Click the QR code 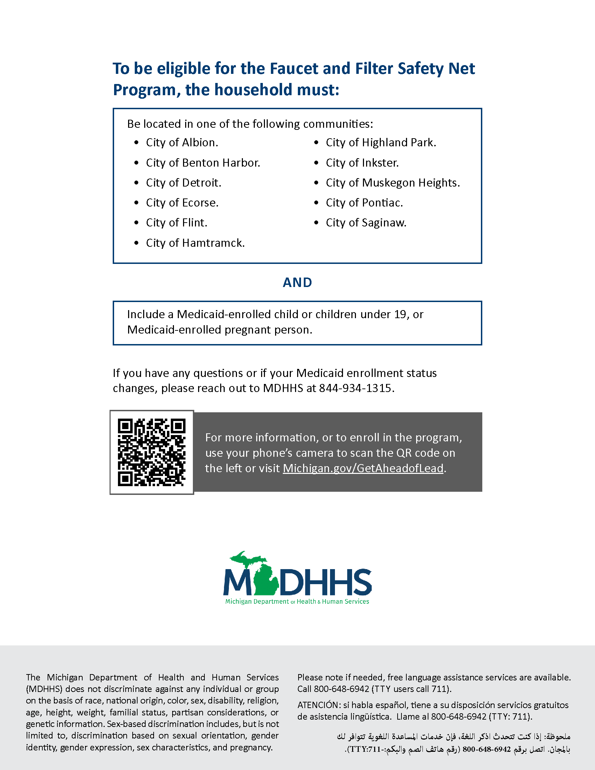[152, 452]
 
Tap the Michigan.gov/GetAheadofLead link [363, 468]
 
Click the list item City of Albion [182, 142]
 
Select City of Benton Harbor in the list [203, 163]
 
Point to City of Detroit [184, 183]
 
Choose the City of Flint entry [177, 223]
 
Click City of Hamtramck [195, 243]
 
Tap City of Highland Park [381, 142]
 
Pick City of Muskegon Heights [393, 183]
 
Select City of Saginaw [366, 223]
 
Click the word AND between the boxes [297, 282]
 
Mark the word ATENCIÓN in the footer [318, 705]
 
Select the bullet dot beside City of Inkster [316, 163]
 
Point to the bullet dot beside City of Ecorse [136, 203]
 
